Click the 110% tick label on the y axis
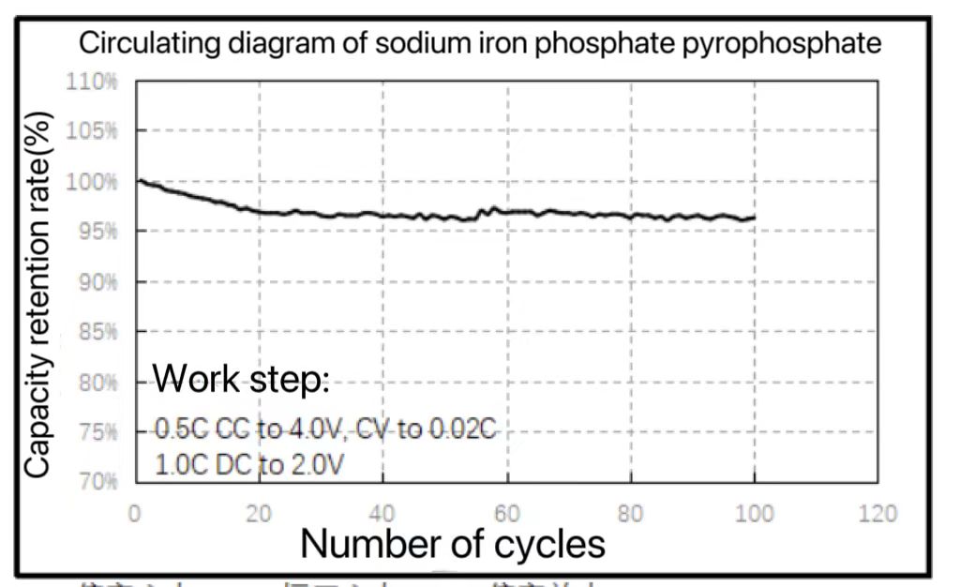coord(92,81)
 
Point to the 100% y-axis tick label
coord(92,180)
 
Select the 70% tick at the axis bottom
coord(97,482)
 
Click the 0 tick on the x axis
coord(136,513)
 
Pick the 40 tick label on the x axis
coord(382,513)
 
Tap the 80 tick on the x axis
coord(631,513)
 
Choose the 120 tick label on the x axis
coord(877,513)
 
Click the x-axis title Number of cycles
coord(453,543)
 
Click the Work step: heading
coord(241,379)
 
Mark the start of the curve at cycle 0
coord(138,180)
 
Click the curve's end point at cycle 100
coord(754,218)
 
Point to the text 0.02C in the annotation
coord(461,429)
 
